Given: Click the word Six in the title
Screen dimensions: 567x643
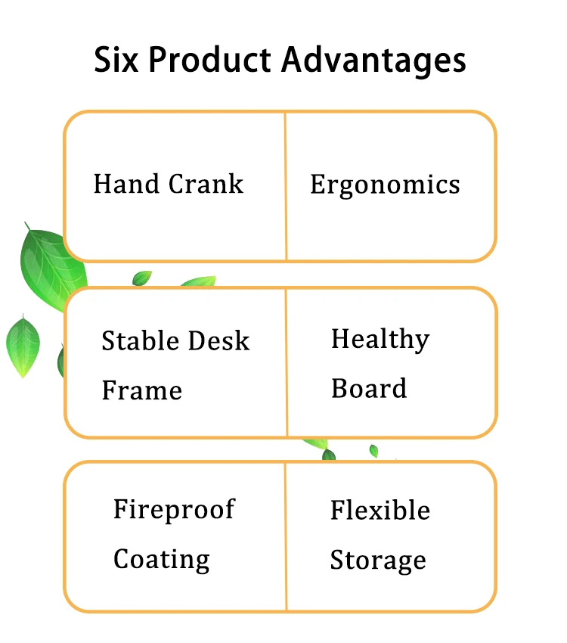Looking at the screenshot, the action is click(116, 59).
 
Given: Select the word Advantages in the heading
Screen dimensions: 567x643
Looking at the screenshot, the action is click(373, 61).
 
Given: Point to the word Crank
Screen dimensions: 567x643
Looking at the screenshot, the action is click(206, 184).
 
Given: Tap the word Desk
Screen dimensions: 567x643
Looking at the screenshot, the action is click(220, 340).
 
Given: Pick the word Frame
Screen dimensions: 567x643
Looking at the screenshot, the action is click(141, 390).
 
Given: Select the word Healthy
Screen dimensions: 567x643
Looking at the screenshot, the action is click(380, 340).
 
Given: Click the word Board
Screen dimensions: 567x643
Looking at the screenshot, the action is click(369, 388).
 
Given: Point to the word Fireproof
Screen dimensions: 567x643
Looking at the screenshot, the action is click(174, 510).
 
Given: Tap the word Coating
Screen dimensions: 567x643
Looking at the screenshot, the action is click(161, 560).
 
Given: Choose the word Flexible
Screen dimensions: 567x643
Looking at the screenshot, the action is click(380, 511).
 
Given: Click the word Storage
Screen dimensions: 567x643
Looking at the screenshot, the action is click(378, 561).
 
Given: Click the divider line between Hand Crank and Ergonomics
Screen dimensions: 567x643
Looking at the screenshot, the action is click(286, 186).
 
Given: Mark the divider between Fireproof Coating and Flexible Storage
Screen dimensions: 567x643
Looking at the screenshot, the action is click(286, 536).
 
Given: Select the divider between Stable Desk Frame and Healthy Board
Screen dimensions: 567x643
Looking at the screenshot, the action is click(287, 362).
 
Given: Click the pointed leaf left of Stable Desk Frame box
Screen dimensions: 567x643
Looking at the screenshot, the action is click(23, 345).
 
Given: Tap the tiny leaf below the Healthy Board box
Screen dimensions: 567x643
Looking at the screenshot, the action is click(373, 451).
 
